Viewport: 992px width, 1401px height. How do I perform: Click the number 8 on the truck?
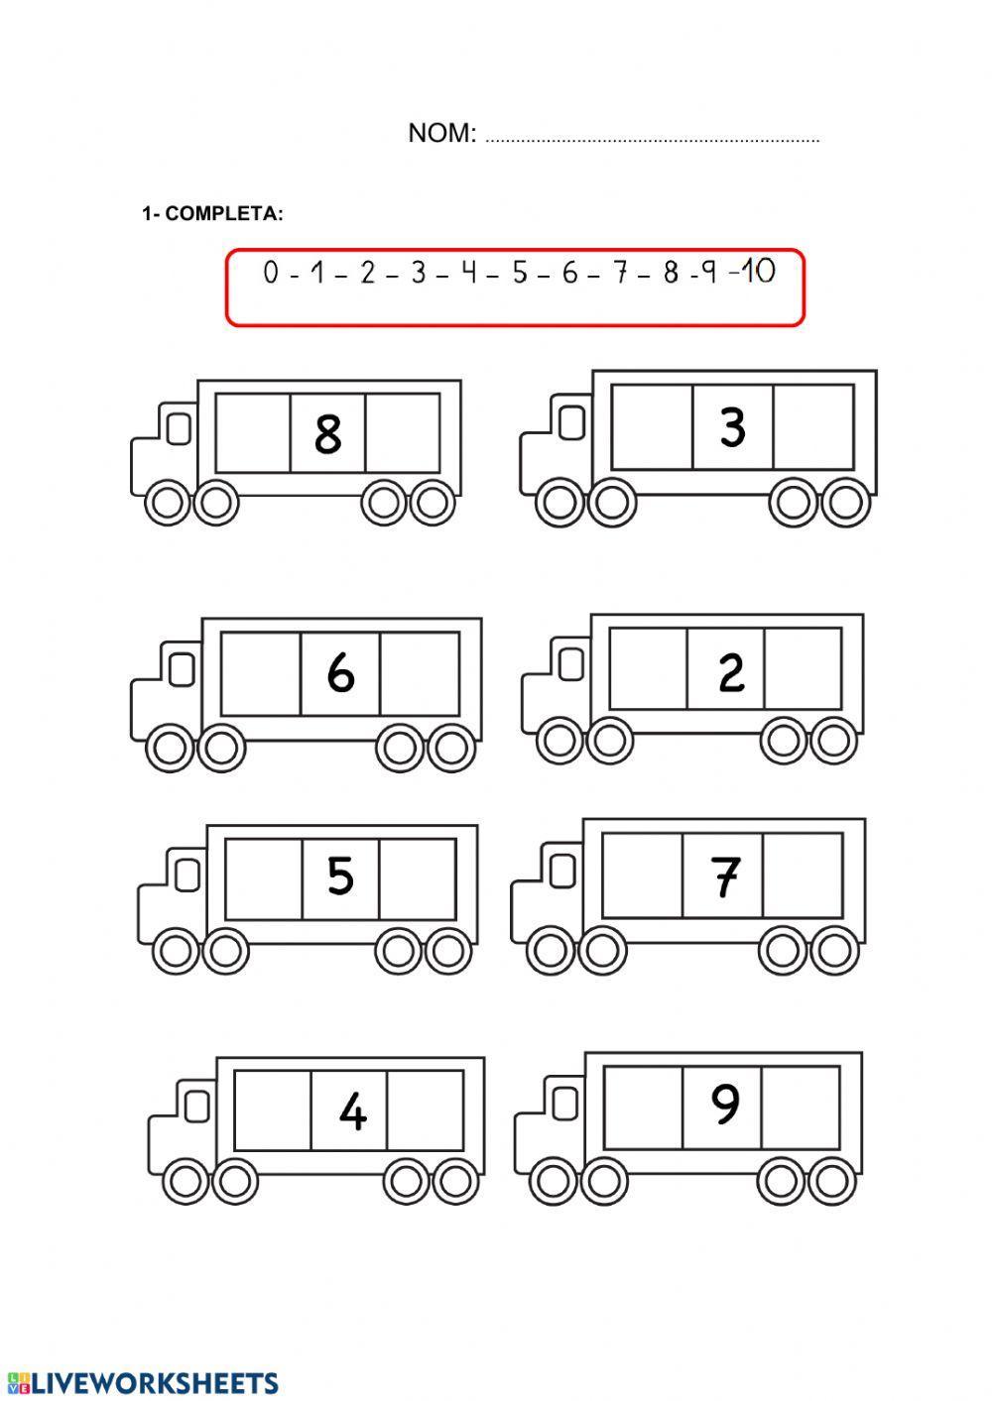pos(327,433)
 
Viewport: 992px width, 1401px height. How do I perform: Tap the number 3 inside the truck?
pos(732,427)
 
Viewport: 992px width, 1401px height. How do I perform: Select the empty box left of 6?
pos(261,673)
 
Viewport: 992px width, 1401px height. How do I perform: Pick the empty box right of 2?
pos(803,668)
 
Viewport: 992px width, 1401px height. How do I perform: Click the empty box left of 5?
pos(264,878)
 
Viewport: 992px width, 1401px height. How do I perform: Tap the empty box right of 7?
pos(803,875)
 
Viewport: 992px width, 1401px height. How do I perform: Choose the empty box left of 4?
pos(273,1110)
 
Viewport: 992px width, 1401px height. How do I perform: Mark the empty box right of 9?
pos(801,1106)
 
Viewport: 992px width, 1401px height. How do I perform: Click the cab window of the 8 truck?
pos(179,428)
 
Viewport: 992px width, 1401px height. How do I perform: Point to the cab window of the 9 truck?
pos(564,1101)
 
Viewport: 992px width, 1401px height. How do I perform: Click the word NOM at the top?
pos(441,134)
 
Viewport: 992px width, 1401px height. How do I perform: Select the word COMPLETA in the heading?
pos(224,214)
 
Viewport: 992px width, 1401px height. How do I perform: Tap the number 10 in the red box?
pos(757,271)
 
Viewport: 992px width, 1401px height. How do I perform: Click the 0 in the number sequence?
pos(271,273)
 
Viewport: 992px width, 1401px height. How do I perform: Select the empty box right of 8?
pos(403,433)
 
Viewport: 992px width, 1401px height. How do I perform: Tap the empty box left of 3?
pos(652,427)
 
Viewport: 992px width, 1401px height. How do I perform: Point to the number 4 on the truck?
pos(352,1111)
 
